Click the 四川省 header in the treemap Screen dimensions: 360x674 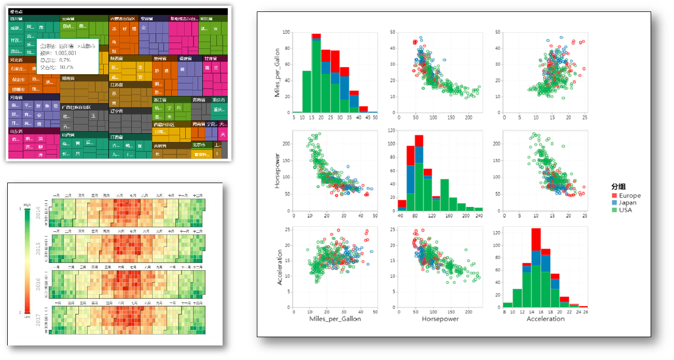17,18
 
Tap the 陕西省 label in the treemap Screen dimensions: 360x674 117,59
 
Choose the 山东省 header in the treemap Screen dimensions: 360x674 16,132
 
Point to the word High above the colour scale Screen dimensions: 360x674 27,205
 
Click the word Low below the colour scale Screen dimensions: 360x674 27,316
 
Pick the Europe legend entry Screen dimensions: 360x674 626,196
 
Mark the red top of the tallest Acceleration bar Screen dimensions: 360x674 536,239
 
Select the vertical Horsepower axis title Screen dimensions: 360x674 279,171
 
